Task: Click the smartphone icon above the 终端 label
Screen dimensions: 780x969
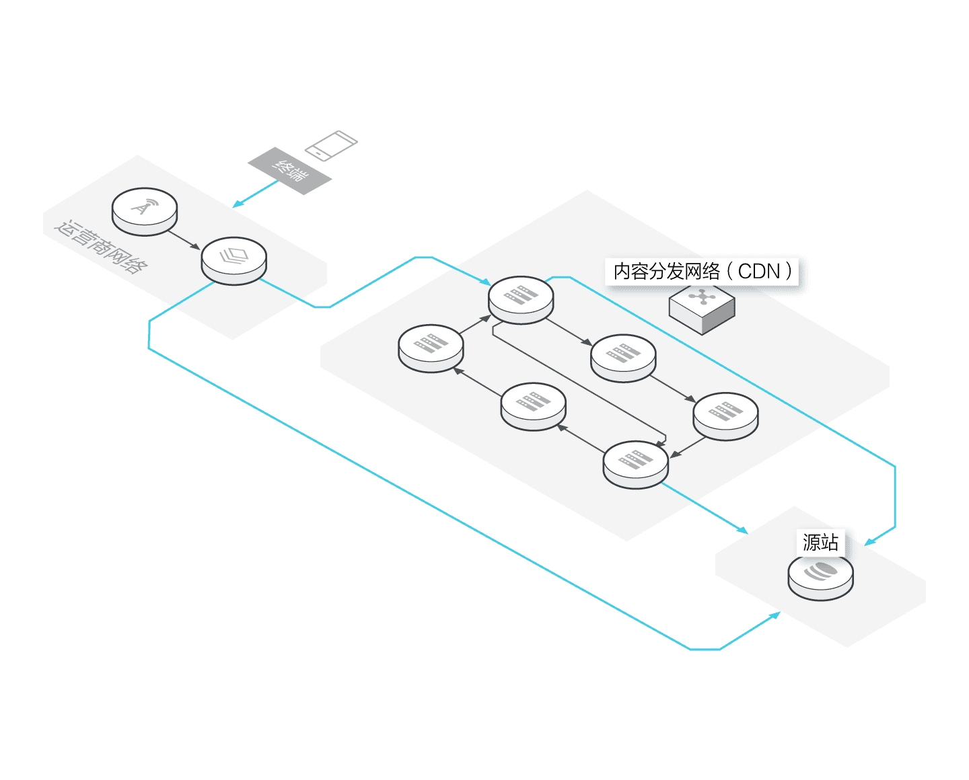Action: point(330,145)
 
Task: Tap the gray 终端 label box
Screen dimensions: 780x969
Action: point(289,171)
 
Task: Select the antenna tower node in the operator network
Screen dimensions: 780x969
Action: point(144,210)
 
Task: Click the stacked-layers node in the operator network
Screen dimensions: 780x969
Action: point(234,260)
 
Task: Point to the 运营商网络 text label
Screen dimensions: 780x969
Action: point(101,247)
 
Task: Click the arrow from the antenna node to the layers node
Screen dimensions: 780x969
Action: point(184,240)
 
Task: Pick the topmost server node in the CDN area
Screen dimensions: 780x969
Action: point(521,299)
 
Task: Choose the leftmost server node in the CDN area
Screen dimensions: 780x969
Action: point(431,347)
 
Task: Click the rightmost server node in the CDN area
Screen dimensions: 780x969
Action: point(725,415)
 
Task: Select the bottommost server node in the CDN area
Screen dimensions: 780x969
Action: point(636,463)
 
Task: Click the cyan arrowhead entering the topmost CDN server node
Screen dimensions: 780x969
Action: point(487,282)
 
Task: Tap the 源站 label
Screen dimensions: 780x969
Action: point(820,542)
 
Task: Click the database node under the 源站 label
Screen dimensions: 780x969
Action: point(820,576)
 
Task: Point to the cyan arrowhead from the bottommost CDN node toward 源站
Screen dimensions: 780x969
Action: point(743,531)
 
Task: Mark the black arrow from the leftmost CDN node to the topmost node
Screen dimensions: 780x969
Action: point(476,324)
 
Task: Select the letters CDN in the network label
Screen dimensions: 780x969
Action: point(759,272)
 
